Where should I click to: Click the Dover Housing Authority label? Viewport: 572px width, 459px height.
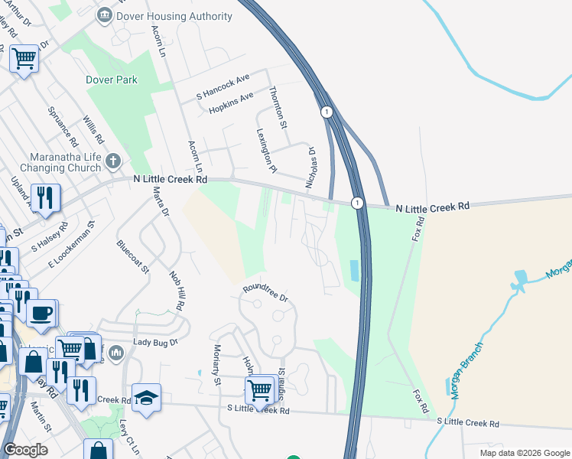175,16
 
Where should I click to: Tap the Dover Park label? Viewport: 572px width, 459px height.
112,80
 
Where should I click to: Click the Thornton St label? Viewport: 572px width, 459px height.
278,107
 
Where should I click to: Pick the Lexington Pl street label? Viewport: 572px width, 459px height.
265,150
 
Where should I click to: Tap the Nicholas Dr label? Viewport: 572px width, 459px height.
311,168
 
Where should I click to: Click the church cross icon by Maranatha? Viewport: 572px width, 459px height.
113,161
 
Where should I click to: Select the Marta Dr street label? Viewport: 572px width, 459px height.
160,202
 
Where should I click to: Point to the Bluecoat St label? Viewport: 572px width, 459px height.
133,259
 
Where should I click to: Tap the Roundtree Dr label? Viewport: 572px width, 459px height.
265,293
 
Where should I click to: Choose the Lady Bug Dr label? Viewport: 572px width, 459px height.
155,343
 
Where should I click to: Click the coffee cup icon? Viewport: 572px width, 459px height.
41,312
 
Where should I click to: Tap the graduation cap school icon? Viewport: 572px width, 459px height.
146,399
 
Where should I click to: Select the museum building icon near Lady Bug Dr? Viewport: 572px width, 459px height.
116,353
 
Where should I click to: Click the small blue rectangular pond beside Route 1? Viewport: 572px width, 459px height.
353,270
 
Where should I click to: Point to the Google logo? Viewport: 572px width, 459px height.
25,450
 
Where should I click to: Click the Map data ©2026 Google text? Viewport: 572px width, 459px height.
523,453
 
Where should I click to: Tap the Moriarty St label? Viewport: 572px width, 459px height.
216,363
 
